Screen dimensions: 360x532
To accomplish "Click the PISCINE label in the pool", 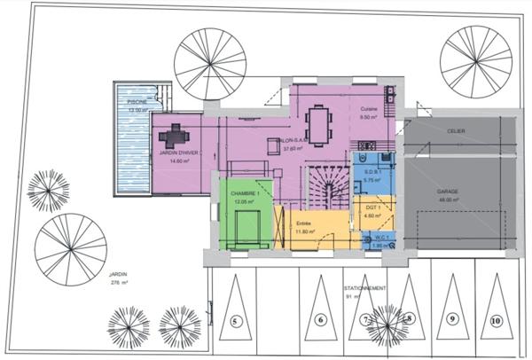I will (137, 102).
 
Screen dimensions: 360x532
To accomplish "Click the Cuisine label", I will (370, 109).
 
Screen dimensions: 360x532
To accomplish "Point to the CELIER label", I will (456, 130).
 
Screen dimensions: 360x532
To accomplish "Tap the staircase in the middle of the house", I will (325, 188).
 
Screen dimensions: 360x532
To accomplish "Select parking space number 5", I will (235, 320).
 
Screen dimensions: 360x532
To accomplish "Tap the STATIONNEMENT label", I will (364, 289).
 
